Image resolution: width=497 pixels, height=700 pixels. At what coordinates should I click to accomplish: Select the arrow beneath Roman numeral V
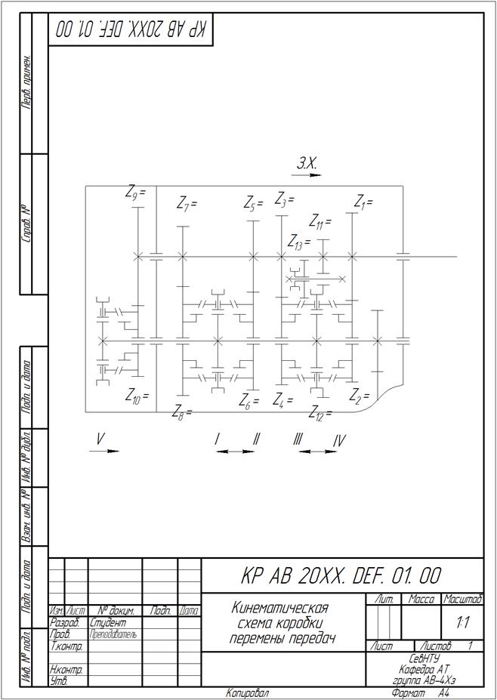click(103, 451)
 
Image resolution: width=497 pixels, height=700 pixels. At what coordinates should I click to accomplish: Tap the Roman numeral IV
click(339, 440)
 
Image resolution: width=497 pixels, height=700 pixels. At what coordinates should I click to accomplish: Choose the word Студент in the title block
click(107, 624)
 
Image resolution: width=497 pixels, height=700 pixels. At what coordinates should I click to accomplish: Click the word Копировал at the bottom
click(247, 693)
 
